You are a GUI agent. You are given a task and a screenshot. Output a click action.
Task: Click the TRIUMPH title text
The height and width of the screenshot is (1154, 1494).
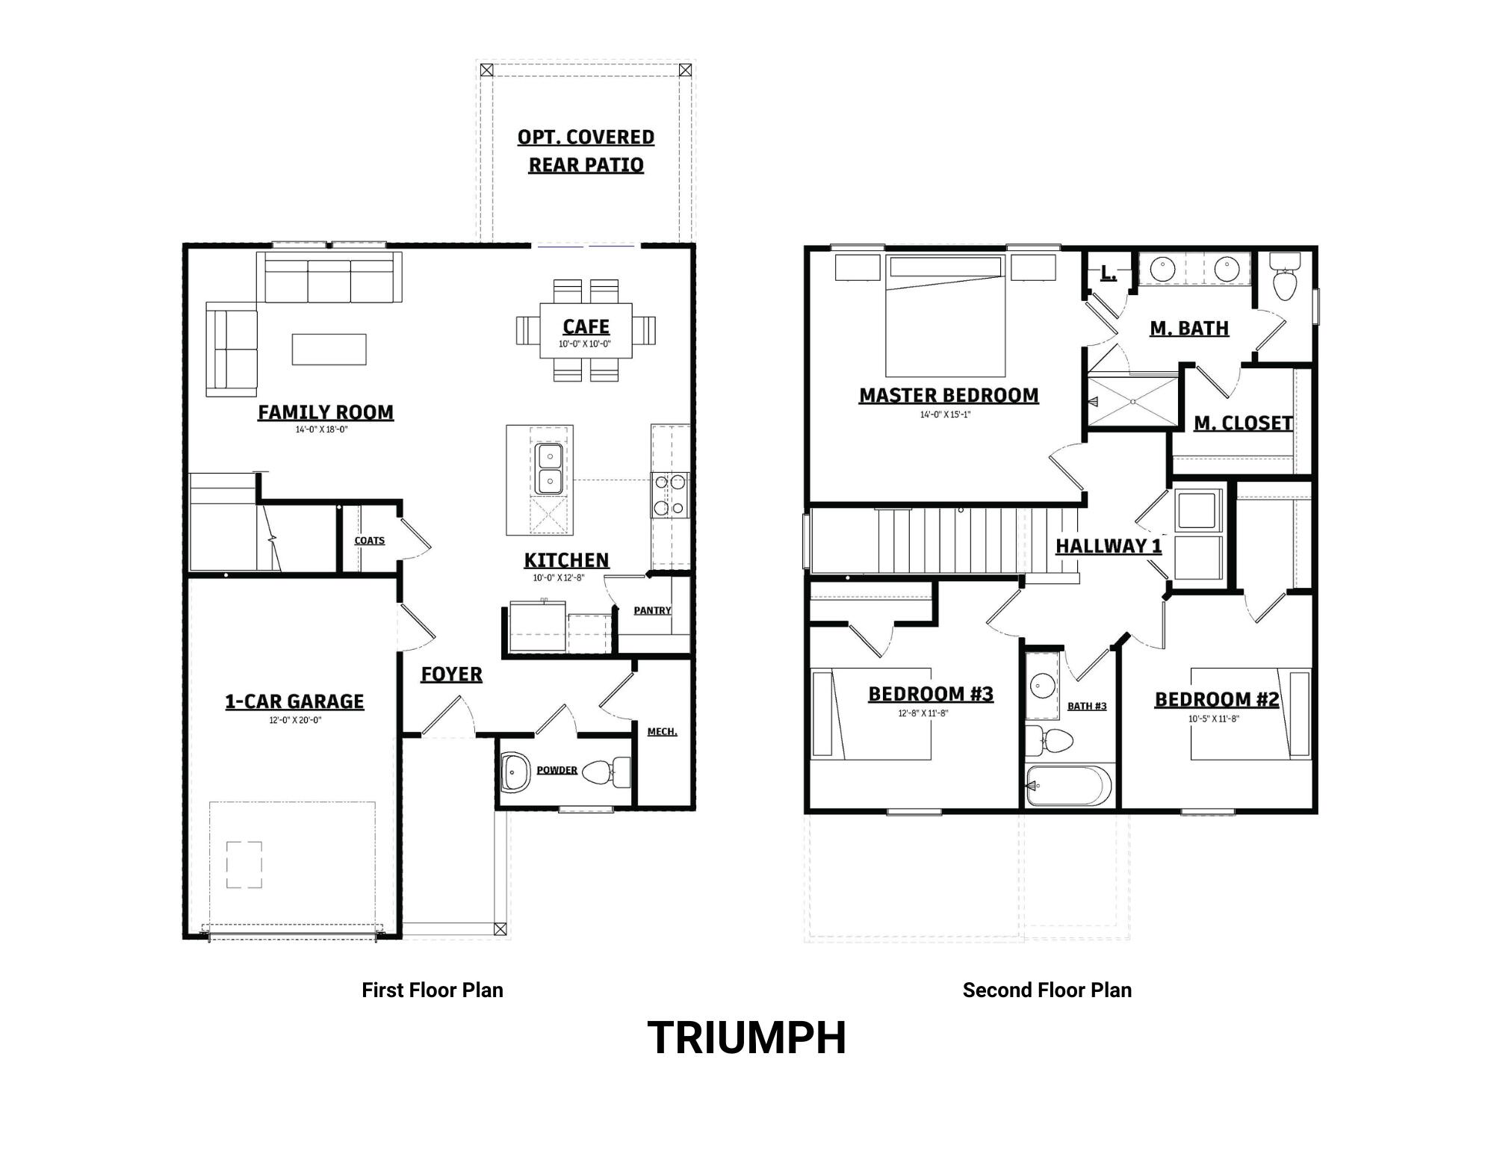click(746, 1037)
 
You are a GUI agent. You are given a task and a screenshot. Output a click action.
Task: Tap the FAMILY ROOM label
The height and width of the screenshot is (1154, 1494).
click(326, 412)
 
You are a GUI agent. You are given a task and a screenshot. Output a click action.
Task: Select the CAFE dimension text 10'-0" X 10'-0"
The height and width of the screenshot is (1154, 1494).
click(585, 344)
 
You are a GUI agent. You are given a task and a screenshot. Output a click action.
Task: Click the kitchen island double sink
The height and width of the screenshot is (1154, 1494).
click(549, 468)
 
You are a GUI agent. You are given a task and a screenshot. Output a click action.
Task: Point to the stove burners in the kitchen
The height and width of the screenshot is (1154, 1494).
click(669, 494)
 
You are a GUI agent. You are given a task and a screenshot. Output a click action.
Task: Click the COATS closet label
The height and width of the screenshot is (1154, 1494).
click(369, 540)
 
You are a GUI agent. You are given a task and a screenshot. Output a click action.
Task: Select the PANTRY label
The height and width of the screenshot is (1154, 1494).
click(652, 610)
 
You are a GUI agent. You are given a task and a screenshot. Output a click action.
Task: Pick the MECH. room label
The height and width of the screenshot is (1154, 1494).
click(662, 731)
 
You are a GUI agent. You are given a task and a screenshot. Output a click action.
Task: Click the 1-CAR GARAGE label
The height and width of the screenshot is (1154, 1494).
click(294, 701)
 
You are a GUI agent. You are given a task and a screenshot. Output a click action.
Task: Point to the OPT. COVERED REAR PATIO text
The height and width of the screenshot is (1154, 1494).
click(586, 151)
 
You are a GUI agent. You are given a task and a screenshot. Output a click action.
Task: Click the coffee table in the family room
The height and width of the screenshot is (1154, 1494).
click(329, 350)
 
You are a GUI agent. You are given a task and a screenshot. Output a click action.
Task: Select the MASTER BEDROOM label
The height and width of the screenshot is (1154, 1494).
click(949, 395)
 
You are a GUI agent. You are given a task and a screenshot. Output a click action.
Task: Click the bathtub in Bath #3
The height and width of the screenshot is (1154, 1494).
click(1069, 786)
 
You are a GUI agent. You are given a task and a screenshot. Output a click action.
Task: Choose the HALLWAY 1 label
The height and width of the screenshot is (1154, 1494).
click(1109, 546)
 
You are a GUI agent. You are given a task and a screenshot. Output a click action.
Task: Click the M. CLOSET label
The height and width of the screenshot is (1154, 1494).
click(1243, 424)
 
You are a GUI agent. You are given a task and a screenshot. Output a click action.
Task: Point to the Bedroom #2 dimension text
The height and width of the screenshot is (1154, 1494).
click(1214, 719)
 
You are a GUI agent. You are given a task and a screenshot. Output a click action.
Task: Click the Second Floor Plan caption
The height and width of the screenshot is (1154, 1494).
click(1047, 990)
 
